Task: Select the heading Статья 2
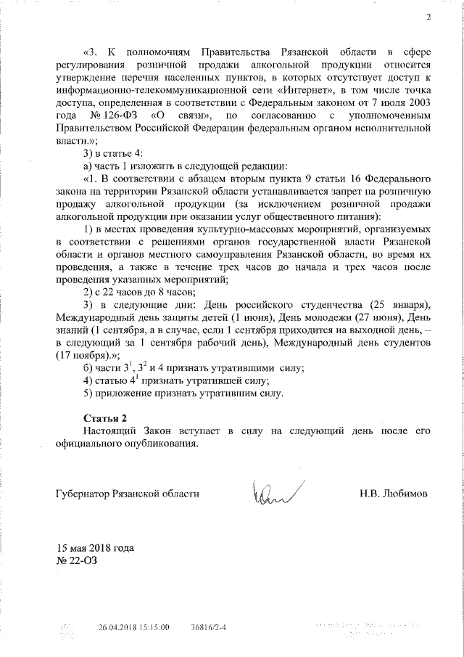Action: [x=104, y=418]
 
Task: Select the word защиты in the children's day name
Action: [x=179, y=317]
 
